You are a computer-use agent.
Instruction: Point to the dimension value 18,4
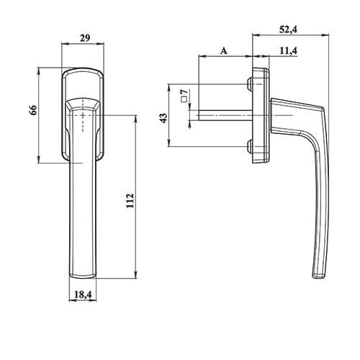point(83,295)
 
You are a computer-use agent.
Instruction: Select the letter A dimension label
point(223,51)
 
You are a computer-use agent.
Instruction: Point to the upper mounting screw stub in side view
point(249,84)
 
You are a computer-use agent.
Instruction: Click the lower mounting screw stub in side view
point(249,146)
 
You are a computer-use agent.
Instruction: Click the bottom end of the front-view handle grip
point(83,274)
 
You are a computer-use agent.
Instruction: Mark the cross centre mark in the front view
point(84,114)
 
